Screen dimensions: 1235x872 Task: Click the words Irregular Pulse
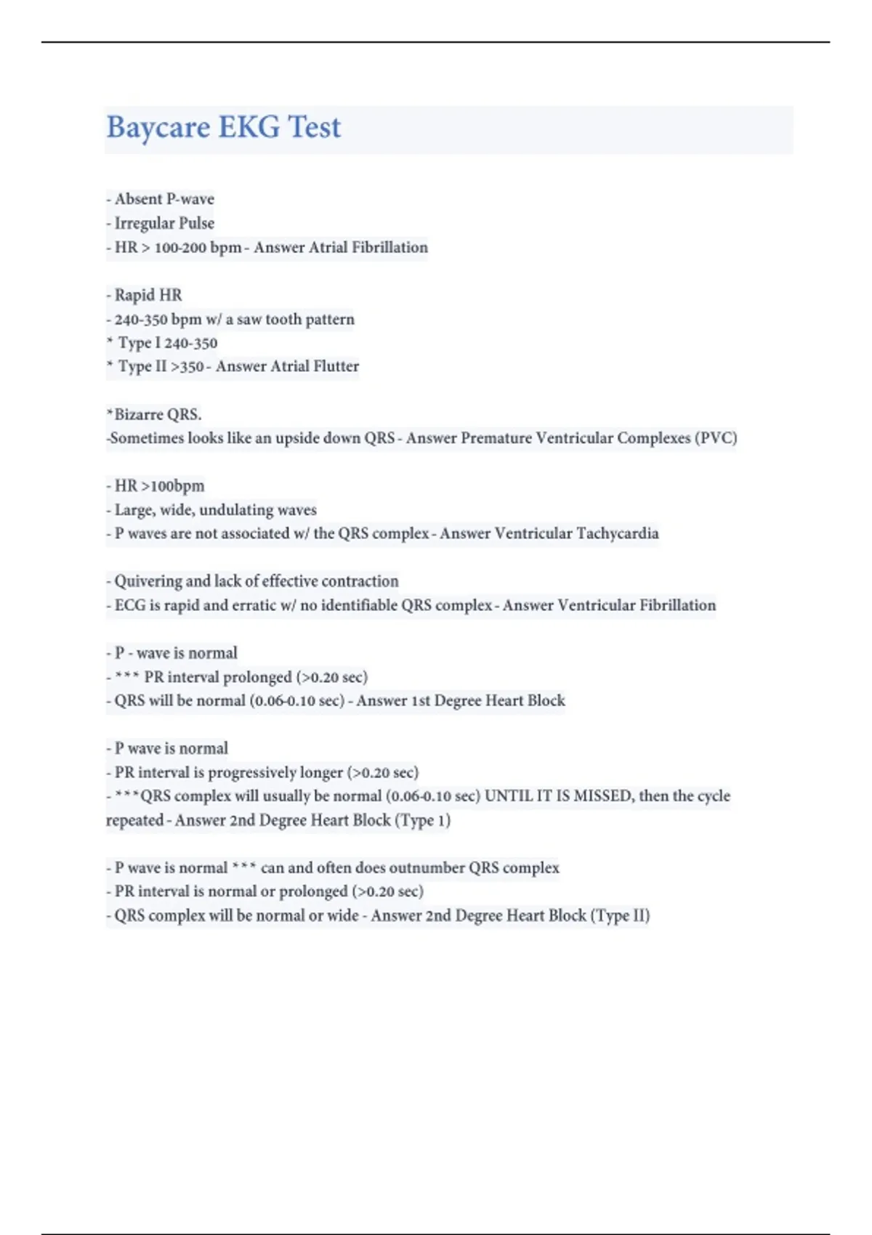point(164,223)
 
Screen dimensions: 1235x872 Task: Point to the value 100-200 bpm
point(198,248)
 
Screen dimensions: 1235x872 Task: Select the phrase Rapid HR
point(148,295)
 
